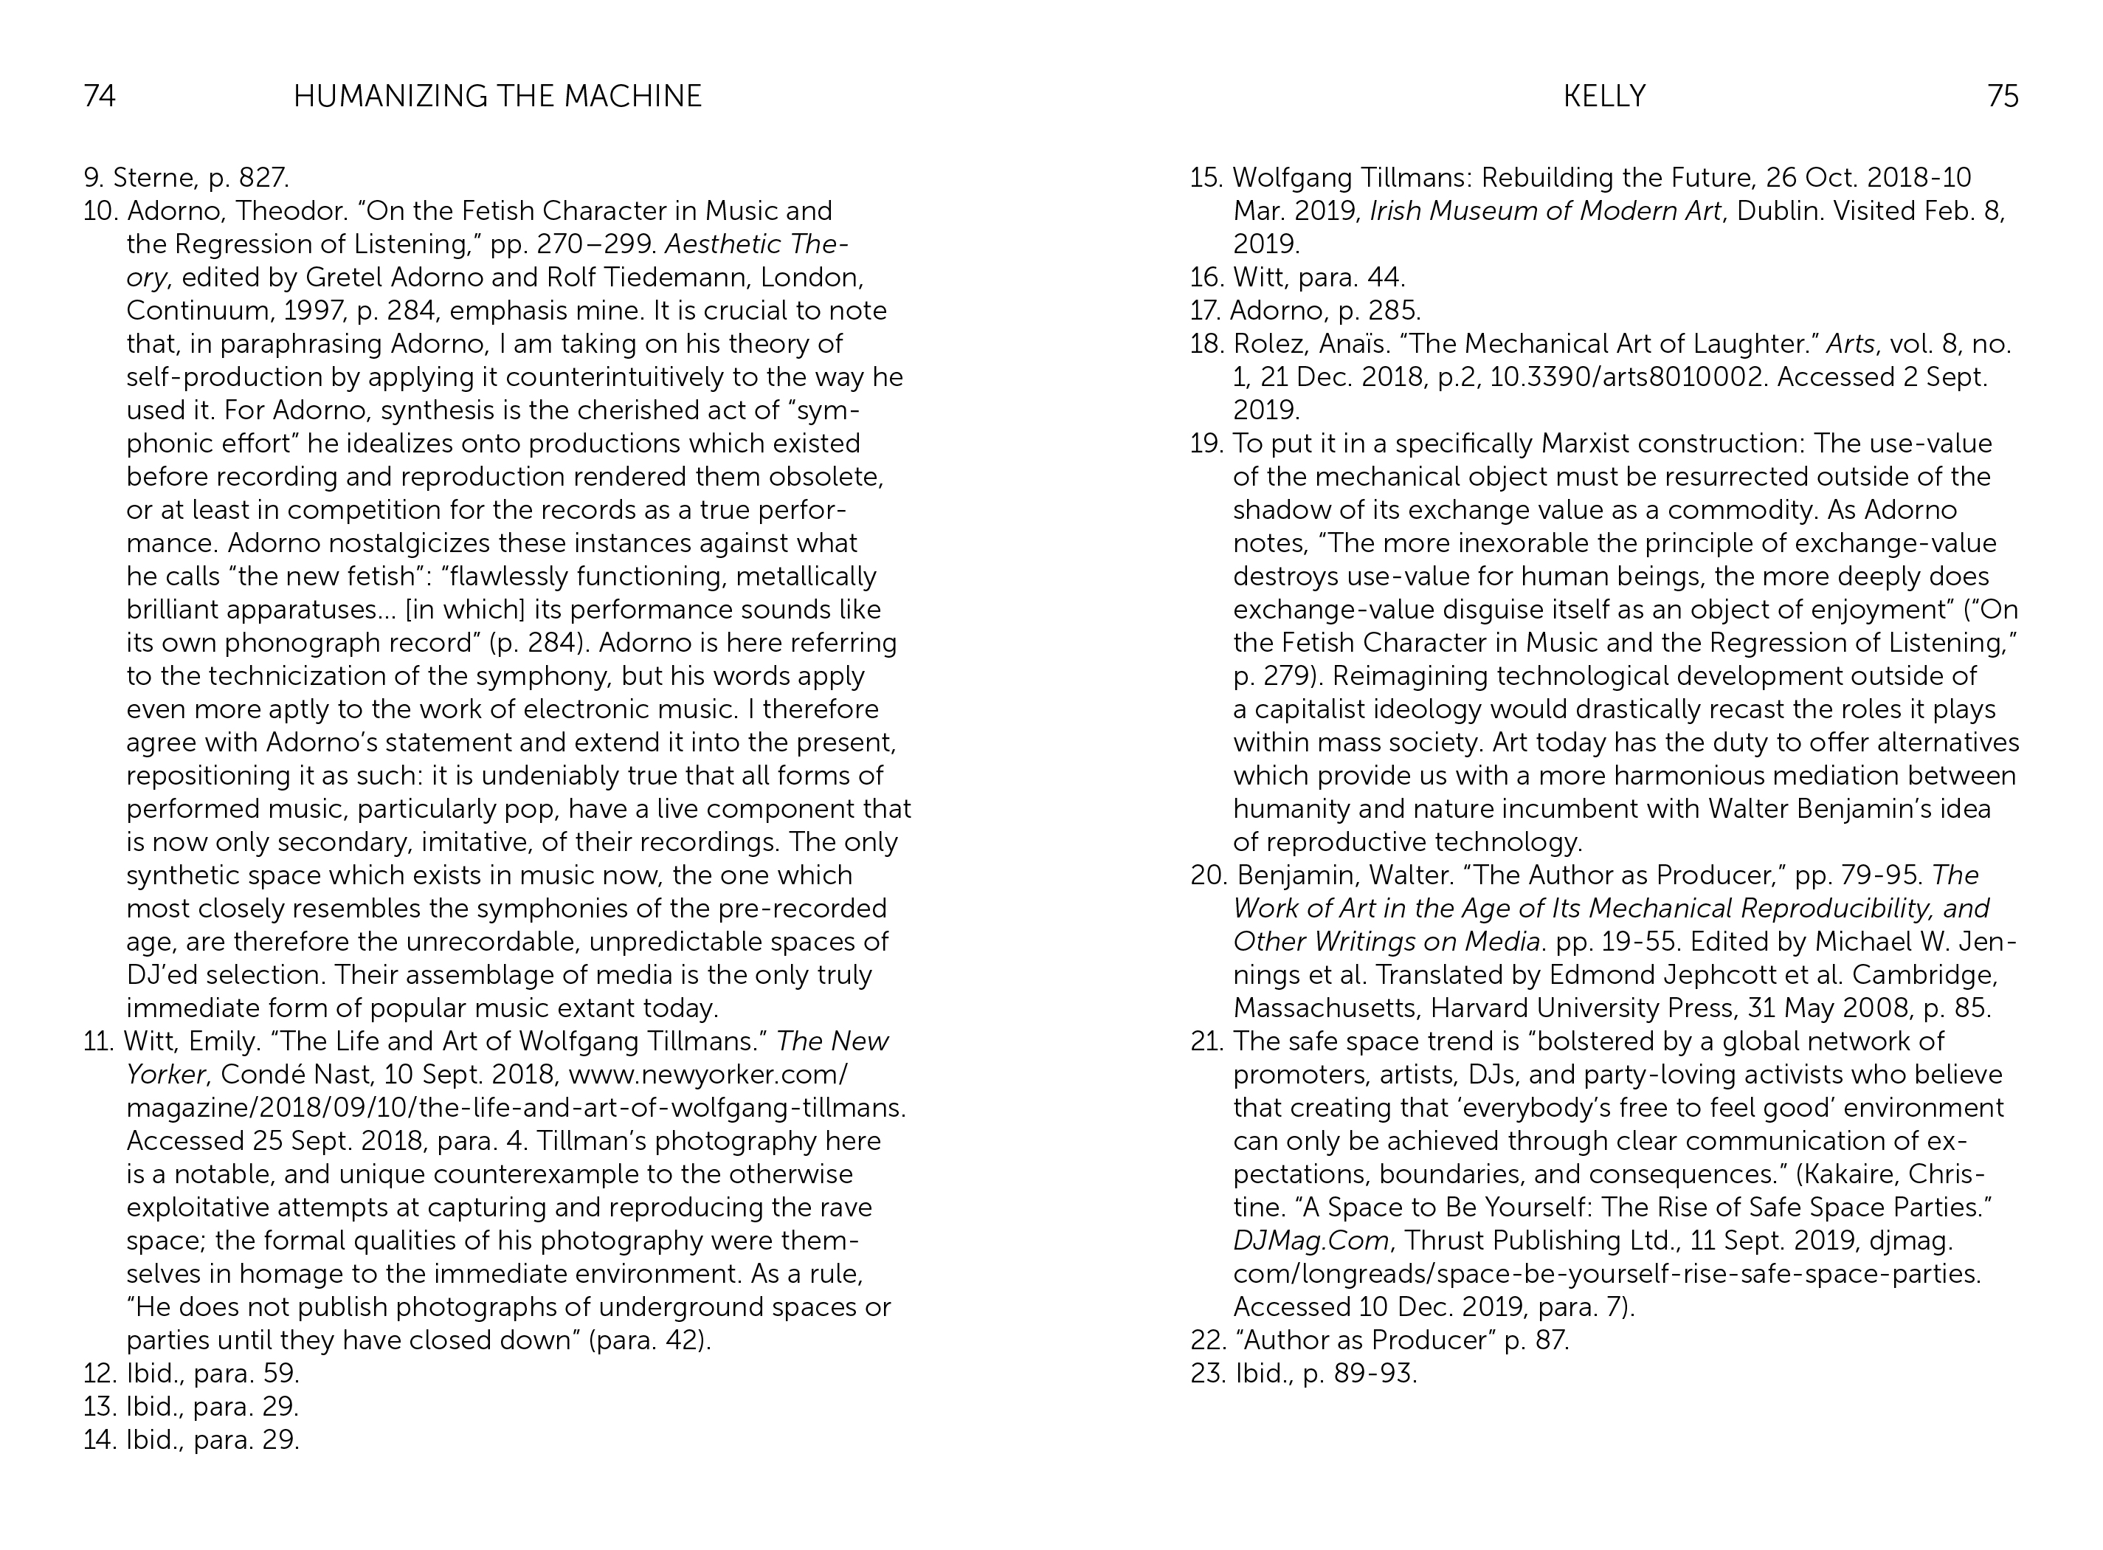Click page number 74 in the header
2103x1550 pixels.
[100, 97]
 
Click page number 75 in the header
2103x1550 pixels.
[2003, 97]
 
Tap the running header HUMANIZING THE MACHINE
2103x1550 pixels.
[497, 97]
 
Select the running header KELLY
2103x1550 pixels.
[1604, 97]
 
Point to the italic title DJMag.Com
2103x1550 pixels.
[1311, 1241]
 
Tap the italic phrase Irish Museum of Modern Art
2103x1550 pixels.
[1546, 211]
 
